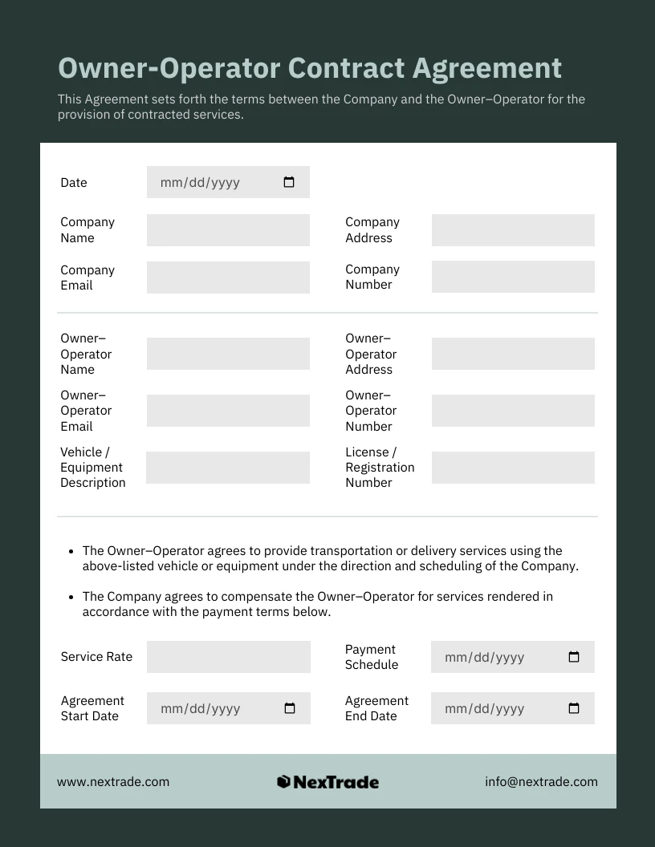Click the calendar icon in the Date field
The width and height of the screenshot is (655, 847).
[x=289, y=182]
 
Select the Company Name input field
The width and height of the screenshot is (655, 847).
[x=228, y=230]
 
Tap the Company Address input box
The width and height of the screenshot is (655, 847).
[x=513, y=230]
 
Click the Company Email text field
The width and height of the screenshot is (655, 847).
[x=228, y=278]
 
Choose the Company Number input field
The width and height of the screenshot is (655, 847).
[x=513, y=277]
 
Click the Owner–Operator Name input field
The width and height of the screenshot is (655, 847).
[x=228, y=354]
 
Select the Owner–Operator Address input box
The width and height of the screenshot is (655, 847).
[x=513, y=354]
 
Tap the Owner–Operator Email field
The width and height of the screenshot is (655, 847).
[x=228, y=411]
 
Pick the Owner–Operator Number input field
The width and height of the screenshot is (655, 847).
[x=513, y=411]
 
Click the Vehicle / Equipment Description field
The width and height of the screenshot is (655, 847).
[x=228, y=468]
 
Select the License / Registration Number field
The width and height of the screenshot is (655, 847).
[x=513, y=468]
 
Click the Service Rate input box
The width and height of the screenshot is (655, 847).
[x=229, y=657]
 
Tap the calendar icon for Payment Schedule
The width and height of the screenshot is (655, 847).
[x=574, y=657]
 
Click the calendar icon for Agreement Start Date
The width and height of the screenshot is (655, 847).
[x=290, y=708]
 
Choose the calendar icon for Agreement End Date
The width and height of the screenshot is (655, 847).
[x=574, y=708]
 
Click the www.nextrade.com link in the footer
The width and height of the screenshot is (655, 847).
[x=113, y=782]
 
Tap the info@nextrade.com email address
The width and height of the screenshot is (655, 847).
[x=541, y=782]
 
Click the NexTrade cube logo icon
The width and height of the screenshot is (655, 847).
[x=283, y=782]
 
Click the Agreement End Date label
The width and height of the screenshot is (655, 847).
[x=376, y=708]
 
